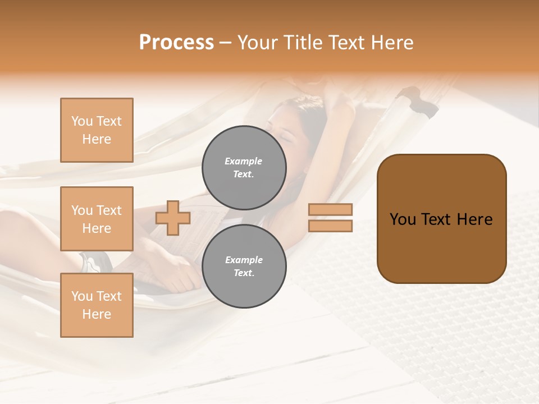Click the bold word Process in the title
click(x=176, y=43)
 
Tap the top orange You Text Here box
click(x=97, y=130)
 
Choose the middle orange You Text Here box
click(x=97, y=219)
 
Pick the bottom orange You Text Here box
click(x=97, y=305)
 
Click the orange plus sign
click(x=173, y=218)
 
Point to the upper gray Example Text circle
click(x=244, y=167)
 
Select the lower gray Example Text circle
click(x=244, y=267)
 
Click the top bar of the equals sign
click(x=330, y=209)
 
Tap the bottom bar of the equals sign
click(x=330, y=226)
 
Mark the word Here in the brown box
click(x=474, y=219)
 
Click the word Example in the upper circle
click(x=244, y=161)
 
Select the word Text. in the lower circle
click(x=244, y=273)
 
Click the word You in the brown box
click(x=403, y=219)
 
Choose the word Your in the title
click(x=258, y=43)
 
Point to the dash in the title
click(x=226, y=43)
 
